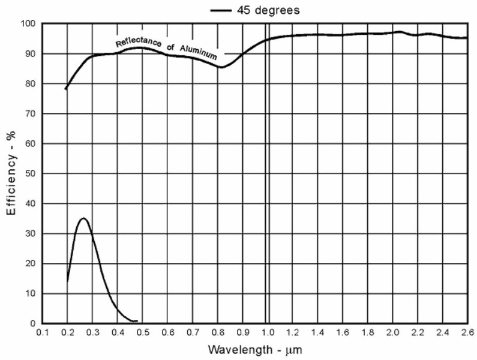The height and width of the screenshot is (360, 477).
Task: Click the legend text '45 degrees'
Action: (266, 10)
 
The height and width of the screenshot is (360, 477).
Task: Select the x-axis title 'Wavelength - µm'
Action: (253, 349)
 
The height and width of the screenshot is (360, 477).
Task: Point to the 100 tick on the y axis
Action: (28, 23)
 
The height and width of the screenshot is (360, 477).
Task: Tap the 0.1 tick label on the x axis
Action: (42, 332)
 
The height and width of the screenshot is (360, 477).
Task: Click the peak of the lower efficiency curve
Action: (84, 218)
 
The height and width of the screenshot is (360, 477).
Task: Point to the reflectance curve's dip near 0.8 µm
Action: (221, 67)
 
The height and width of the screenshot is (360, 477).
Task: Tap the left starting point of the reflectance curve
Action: (66, 89)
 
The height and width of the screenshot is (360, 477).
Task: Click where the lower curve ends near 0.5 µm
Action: (137, 320)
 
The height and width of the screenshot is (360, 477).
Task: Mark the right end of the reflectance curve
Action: (467, 38)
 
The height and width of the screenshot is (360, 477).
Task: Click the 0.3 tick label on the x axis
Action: (92, 332)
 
